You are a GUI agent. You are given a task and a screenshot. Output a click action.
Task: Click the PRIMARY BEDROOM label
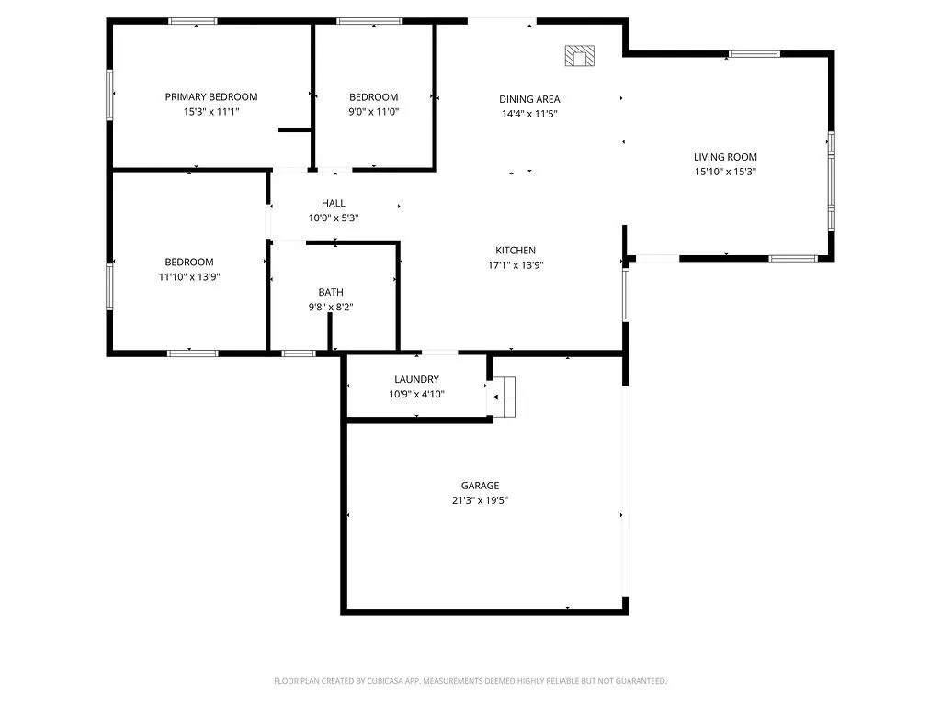point(211,96)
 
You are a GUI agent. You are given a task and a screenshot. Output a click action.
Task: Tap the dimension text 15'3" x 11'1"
point(211,111)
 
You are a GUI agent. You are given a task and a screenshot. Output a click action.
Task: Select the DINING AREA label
point(529,99)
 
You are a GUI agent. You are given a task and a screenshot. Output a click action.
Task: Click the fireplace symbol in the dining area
point(580,56)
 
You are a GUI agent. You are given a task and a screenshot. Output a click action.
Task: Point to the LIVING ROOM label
point(725,157)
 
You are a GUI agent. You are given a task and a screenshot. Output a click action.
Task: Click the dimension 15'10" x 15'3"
point(725,172)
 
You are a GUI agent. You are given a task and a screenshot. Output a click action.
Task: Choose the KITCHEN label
point(516,251)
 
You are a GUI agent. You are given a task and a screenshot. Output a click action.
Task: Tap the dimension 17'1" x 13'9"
point(516,265)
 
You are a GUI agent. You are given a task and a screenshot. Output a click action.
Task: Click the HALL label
point(334,203)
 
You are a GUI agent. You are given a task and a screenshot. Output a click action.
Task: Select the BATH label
point(331,292)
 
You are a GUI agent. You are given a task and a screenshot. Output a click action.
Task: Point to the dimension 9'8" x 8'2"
point(331,307)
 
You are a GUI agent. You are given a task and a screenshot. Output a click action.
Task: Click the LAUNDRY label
point(416,379)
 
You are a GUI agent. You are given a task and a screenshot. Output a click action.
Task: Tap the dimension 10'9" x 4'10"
point(416,394)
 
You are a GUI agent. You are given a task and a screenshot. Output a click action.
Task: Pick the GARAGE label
point(480,486)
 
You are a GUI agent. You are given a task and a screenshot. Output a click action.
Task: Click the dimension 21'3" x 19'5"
point(480,500)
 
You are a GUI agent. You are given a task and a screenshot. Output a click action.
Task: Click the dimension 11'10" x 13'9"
point(189,276)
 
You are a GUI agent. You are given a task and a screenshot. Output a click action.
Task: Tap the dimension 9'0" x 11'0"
point(373,111)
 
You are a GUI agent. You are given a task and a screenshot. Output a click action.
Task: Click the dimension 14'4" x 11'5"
point(529,114)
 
